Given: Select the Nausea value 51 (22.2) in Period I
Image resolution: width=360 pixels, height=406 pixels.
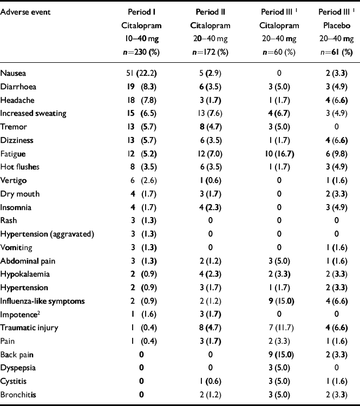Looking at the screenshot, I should tap(142, 73).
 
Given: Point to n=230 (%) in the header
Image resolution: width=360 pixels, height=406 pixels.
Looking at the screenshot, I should tap(142, 53).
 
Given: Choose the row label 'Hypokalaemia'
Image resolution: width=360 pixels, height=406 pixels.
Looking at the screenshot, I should tap(24, 274).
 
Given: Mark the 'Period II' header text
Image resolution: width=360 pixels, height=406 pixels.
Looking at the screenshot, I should tap(208, 11).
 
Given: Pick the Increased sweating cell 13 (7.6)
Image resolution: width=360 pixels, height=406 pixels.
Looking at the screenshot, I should tap(208, 113).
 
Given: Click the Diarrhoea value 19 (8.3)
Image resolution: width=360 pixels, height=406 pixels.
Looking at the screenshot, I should tap(142, 86).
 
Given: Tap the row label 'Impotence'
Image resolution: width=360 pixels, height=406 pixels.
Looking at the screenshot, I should tap(19, 315).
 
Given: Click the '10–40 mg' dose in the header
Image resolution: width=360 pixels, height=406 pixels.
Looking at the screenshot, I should tap(142, 39).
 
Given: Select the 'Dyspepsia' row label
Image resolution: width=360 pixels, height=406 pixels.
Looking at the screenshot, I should tap(19, 368).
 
